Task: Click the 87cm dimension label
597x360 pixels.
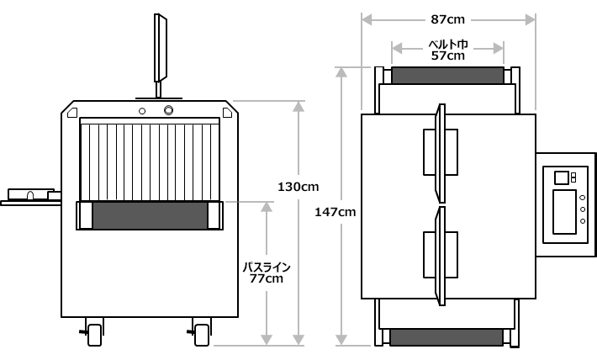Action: (447, 19)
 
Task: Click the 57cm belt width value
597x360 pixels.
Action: (447, 56)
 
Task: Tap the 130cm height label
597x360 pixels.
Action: (298, 187)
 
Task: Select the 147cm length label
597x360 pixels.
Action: (335, 212)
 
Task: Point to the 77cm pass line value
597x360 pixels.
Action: (267, 278)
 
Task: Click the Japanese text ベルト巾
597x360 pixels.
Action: (448, 45)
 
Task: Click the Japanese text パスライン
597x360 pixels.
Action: (267, 267)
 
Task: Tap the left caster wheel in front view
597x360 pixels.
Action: (94, 335)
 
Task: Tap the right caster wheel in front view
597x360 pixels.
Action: (202, 335)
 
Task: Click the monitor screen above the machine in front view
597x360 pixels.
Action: (161, 48)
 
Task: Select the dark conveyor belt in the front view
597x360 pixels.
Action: (150, 215)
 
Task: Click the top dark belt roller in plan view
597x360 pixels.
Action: (447, 76)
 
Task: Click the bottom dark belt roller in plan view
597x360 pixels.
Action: (446, 337)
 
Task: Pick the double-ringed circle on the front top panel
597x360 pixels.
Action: (168, 110)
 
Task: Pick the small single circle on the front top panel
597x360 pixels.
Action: (142, 111)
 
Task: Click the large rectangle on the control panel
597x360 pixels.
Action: (565, 212)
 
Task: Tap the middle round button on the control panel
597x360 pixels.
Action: (583, 209)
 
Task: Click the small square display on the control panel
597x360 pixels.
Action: (562, 178)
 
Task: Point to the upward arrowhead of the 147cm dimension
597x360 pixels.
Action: (341, 72)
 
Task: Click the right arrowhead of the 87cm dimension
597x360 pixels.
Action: (531, 19)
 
